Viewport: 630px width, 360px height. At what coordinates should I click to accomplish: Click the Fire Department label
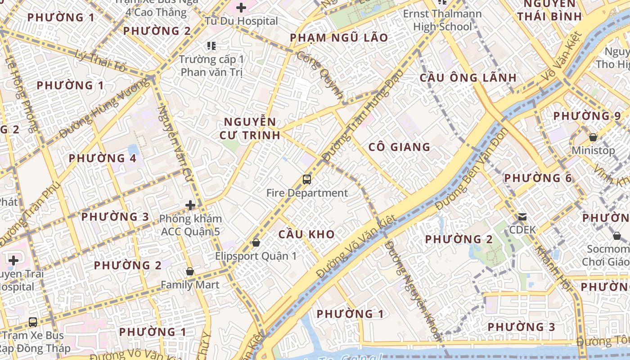[x=307, y=193]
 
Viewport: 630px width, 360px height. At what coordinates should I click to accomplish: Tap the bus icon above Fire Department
[x=307, y=180]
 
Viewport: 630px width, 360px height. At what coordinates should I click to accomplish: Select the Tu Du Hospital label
[x=241, y=21]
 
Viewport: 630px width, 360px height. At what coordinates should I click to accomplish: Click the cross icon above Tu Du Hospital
[x=241, y=7]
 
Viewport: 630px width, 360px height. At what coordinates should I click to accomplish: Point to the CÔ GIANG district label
[x=399, y=147]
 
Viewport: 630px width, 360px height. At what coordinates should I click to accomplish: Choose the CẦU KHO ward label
[x=306, y=234]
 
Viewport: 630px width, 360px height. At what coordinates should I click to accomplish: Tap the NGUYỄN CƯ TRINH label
[x=250, y=128]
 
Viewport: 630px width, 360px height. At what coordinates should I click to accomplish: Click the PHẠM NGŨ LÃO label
[x=339, y=38]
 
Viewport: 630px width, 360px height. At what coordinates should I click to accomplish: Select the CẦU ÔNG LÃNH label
[x=468, y=77]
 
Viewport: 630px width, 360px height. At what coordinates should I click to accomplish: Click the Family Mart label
[x=190, y=285]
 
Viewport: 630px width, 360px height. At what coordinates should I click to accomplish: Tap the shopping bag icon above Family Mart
[x=190, y=271]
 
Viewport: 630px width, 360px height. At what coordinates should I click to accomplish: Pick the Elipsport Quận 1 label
[x=256, y=256]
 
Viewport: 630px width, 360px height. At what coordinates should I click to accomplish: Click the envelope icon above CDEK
[x=522, y=217]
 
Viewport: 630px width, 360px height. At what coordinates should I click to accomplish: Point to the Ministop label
[x=593, y=150]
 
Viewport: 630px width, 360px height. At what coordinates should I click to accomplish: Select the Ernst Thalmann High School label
[x=442, y=20]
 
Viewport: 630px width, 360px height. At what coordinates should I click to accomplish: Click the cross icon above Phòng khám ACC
[x=190, y=205]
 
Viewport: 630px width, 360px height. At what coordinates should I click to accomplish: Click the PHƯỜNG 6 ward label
[x=538, y=178]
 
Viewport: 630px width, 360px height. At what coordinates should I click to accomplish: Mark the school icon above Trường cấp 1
[x=211, y=45]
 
